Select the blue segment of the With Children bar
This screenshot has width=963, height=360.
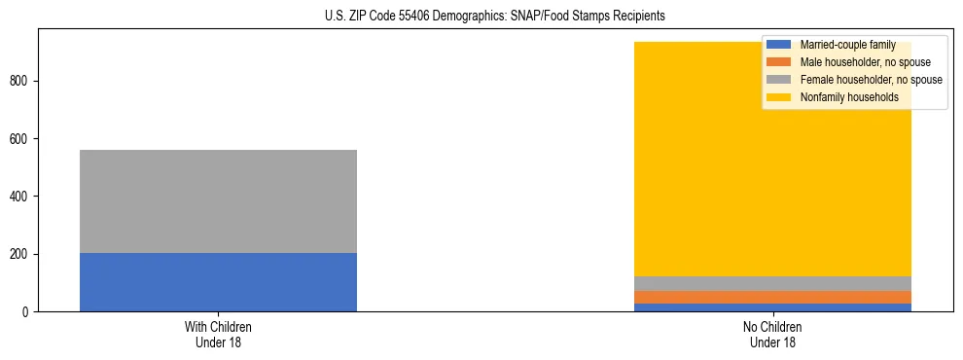[x=218, y=282]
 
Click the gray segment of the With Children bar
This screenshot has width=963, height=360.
[x=218, y=201]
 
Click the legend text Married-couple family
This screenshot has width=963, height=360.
[x=847, y=45]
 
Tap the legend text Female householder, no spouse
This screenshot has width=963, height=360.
[x=871, y=80]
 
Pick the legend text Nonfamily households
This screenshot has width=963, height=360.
[x=849, y=97]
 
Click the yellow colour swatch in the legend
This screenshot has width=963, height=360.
[x=780, y=97]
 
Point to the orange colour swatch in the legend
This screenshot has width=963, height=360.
[x=780, y=62]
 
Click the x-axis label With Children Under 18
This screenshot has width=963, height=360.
[x=218, y=334]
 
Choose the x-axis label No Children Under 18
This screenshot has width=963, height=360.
[x=772, y=334]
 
